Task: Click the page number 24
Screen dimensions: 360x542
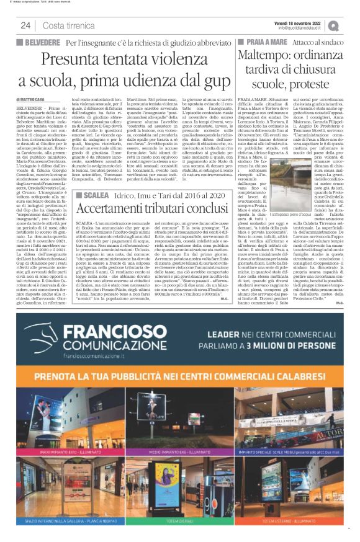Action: click(25, 25)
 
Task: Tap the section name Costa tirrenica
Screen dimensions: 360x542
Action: click(68, 25)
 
